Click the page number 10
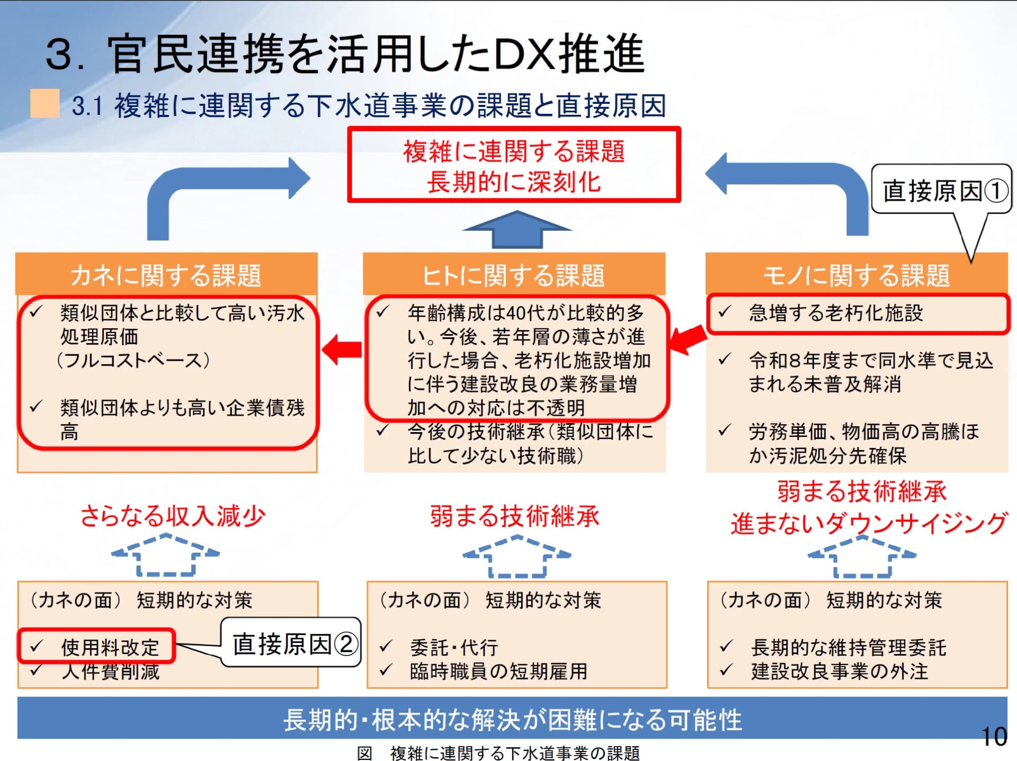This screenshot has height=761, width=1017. click(x=994, y=737)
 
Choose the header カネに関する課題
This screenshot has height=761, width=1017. click(x=166, y=275)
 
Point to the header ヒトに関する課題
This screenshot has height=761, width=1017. click(x=514, y=275)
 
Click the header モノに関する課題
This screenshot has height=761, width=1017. click(x=857, y=275)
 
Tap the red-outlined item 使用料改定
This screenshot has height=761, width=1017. click(x=97, y=647)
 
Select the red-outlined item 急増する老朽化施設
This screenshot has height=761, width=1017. click(x=858, y=314)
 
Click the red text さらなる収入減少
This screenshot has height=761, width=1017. click(x=173, y=516)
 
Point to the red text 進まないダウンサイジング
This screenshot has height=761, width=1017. click(x=869, y=523)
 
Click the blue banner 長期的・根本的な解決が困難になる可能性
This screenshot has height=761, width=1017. click(x=512, y=719)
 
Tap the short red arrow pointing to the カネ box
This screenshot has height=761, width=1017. click(x=342, y=350)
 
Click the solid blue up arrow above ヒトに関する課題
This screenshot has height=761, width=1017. click(x=517, y=229)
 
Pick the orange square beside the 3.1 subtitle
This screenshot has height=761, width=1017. click(x=44, y=103)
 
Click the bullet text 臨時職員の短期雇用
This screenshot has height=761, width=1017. click(x=498, y=672)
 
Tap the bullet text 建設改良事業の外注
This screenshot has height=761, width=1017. click(x=840, y=672)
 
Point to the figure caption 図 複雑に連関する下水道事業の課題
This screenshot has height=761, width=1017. click(x=498, y=753)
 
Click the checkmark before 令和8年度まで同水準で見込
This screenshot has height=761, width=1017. click(x=725, y=360)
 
